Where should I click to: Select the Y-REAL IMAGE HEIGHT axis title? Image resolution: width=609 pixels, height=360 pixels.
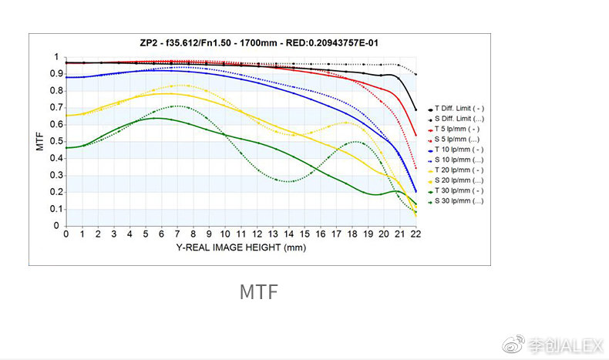241,247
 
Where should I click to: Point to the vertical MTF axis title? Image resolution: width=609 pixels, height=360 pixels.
40,141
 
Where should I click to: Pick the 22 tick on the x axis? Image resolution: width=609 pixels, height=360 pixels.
416,234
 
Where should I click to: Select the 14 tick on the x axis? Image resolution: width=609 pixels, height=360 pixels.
288,234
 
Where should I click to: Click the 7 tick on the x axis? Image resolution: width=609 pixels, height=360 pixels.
177,234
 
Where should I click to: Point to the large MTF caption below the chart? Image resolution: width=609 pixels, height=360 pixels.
258,293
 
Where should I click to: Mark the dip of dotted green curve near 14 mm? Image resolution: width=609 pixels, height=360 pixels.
288,181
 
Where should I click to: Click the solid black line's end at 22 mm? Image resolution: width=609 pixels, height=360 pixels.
416,109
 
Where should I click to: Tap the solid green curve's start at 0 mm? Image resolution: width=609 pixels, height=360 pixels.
66,147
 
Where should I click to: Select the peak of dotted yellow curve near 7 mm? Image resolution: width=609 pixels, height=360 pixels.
179,85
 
